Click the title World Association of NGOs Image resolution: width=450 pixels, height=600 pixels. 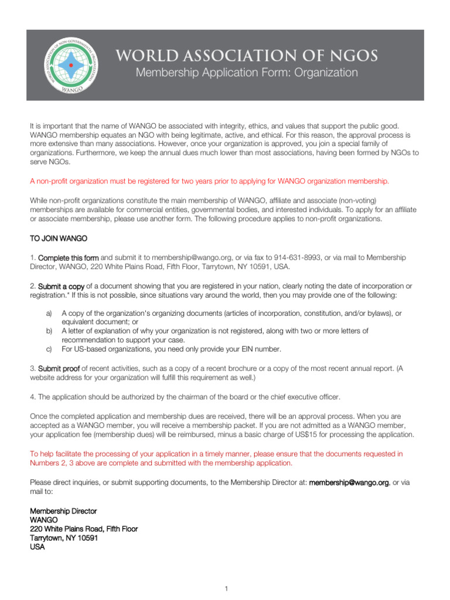point(247,55)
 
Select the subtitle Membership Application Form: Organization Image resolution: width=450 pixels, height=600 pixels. point(247,73)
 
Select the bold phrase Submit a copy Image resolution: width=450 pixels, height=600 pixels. point(62,286)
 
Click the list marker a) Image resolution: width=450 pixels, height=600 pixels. point(49,313)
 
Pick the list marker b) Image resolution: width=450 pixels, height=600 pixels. point(49,331)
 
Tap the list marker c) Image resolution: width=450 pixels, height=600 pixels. point(49,349)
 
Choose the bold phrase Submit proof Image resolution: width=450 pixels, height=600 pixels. point(59,369)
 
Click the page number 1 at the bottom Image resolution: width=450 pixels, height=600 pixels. point(225,588)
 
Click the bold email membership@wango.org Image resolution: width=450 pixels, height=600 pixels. point(349,482)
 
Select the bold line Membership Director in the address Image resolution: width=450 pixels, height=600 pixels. point(63,512)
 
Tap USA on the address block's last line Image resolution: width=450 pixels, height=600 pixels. point(37,547)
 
